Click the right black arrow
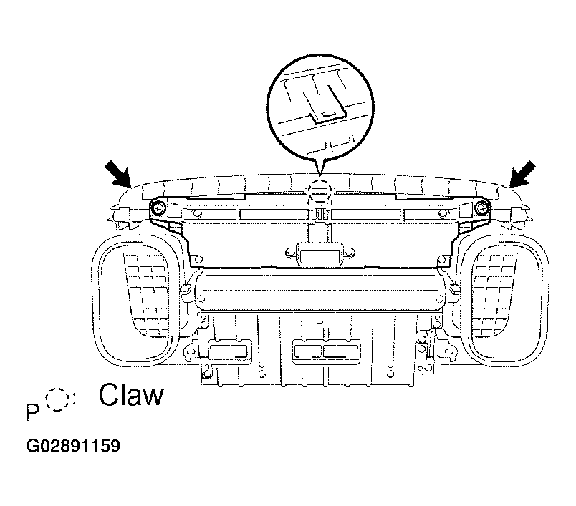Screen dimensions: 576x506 tap(522, 173)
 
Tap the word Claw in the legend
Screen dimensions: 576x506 tap(131, 395)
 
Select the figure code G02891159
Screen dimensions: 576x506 tap(73, 446)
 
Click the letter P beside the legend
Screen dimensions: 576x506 tap(32, 412)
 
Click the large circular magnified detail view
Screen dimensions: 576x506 tap(320, 108)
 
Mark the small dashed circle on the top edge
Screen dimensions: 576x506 tap(320, 190)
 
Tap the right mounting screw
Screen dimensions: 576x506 tap(482, 209)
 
